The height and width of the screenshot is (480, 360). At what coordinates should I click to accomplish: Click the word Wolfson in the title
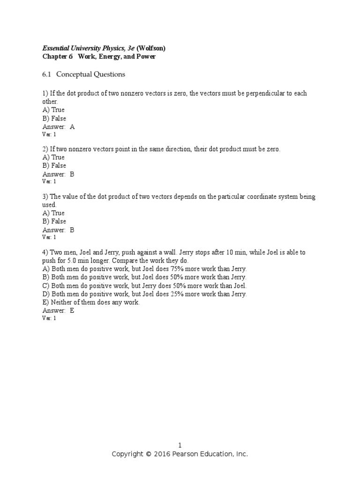pyautogui.click(x=151, y=48)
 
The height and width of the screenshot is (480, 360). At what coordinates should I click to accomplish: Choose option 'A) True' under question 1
pyautogui.click(x=53, y=110)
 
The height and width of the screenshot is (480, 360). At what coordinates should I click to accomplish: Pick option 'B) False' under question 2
pyautogui.click(x=54, y=165)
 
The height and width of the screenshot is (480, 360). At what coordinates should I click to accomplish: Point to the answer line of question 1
pyautogui.click(x=59, y=127)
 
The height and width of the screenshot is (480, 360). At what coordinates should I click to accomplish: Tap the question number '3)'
pyautogui.click(x=45, y=197)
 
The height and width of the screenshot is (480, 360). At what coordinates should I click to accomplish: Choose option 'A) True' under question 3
pyautogui.click(x=53, y=213)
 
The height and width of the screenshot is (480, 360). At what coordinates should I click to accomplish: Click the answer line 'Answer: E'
pyautogui.click(x=59, y=310)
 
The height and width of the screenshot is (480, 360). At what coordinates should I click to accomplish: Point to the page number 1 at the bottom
pyautogui.click(x=180, y=445)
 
